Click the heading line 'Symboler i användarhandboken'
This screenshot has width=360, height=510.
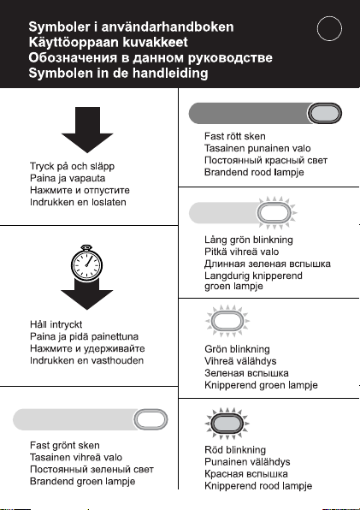[x=131, y=27]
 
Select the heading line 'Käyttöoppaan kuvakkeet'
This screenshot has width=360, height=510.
[x=109, y=42]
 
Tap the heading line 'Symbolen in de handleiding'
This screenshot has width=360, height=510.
[x=118, y=73]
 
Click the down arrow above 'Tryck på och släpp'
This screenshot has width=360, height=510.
[x=87, y=130]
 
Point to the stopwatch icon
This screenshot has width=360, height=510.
[x=86, y=263]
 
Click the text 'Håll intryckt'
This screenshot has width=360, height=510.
[x=56, y=324]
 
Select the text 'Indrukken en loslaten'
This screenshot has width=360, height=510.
[x=78, y=202]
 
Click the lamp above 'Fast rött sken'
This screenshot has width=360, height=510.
[x=325, y=113]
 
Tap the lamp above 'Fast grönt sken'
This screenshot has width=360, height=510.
[x=150, y=419]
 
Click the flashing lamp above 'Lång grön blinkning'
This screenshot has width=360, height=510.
[x=274, y=213]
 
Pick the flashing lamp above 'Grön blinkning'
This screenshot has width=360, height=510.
[x=227, y=321]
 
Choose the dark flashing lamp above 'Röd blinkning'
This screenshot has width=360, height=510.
[x=227, y=424]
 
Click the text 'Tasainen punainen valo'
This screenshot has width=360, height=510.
[x=257, y=148]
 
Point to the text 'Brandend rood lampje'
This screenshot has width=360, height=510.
[x=254, y=172]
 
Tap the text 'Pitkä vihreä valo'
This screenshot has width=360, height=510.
[x=241, y=252]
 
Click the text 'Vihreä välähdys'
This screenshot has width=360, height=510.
[x=240, y=361]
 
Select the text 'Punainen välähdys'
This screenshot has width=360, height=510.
[x=247, y=462]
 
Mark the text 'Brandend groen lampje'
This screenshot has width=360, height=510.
[x=83, y=482]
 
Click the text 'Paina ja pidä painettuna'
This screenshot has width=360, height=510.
[x=84, y=336]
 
